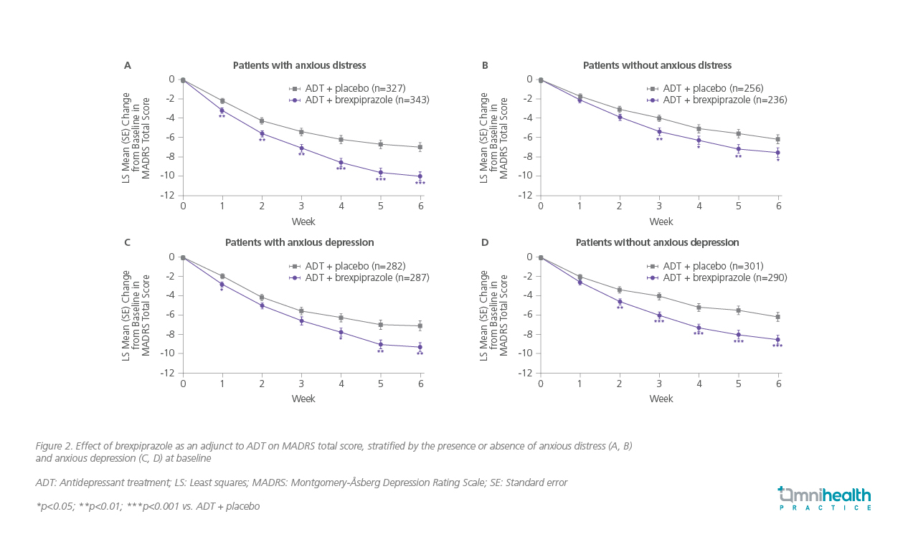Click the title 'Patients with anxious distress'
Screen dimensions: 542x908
click(299, 65)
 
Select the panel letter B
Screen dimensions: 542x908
click(485, 65)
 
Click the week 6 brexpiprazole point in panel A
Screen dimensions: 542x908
click(420, 176)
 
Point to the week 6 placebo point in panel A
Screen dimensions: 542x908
click(420, 147)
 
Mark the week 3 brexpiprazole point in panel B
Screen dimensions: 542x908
click(659, 131)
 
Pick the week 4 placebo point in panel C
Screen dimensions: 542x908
click(341, 318)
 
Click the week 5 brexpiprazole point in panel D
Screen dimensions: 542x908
click(738, 335)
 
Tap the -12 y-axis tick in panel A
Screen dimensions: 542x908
click(170, 196)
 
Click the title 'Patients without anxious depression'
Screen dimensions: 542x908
click(657, 242)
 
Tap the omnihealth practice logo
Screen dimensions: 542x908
click(824, 498)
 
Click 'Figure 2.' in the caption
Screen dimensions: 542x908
click(54, 446)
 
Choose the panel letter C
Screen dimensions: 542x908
click(128, 242)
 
